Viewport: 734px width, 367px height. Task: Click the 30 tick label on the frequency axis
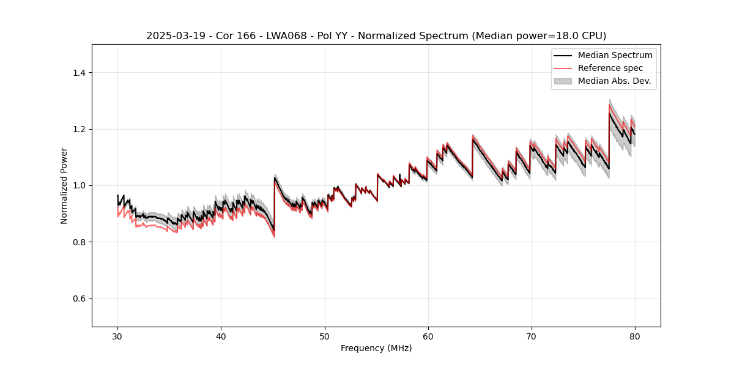117,336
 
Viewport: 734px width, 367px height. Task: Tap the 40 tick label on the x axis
221,336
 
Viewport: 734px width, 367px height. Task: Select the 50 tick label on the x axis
324,336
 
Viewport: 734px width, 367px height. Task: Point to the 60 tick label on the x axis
428,336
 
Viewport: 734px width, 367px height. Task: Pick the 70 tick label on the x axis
531,336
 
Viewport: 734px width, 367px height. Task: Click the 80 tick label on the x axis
634,336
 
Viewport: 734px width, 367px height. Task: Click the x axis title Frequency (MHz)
376,348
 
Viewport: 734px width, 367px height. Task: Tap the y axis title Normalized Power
64,185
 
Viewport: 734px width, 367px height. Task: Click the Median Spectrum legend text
615,55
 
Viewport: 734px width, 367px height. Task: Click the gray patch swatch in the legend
563,81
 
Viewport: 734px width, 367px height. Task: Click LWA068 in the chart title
285,36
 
